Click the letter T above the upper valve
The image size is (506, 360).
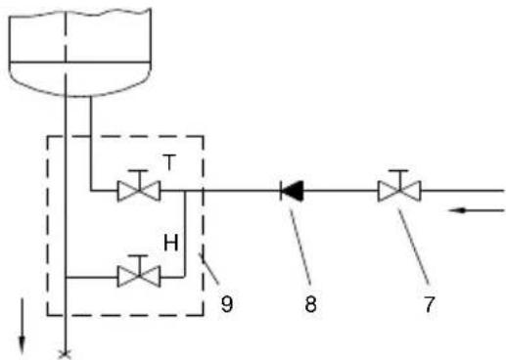169,162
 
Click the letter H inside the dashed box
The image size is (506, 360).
171,243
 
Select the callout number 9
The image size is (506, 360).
227,304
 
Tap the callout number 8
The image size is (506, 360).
310,304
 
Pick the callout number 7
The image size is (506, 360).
430,304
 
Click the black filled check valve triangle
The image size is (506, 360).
292,191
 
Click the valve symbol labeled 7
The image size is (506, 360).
399,191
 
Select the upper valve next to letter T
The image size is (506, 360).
139,191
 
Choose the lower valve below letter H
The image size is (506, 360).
139,277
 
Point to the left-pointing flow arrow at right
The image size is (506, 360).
477,210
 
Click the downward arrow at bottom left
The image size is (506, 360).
22,327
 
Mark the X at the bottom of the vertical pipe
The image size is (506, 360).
65,355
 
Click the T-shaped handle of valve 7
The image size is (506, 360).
399,176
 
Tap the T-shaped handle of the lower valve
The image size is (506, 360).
139,262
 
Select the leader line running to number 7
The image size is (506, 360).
414,247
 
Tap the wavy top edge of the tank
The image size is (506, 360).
80,13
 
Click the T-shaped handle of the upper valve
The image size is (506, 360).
139,176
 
